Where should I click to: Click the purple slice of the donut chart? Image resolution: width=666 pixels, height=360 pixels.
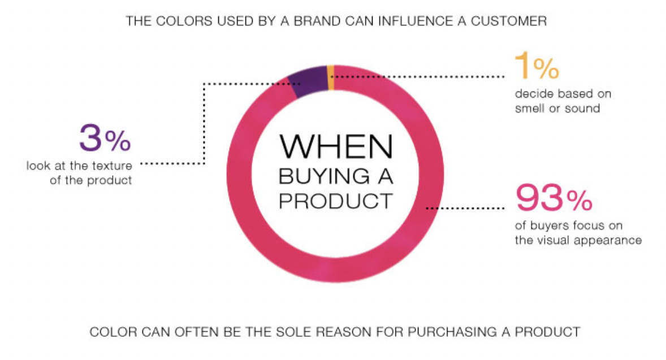(308, 81)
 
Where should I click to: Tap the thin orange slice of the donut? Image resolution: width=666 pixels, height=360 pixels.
(331, 77)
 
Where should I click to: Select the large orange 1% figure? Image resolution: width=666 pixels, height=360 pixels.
(537, 66)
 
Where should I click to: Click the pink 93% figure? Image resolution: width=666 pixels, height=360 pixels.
(554, 198)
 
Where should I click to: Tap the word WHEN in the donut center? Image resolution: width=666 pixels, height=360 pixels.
(336, 146)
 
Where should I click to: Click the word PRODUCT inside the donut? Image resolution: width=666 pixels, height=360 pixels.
(336, 201)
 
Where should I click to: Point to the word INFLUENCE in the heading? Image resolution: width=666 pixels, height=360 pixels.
(416, 21)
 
